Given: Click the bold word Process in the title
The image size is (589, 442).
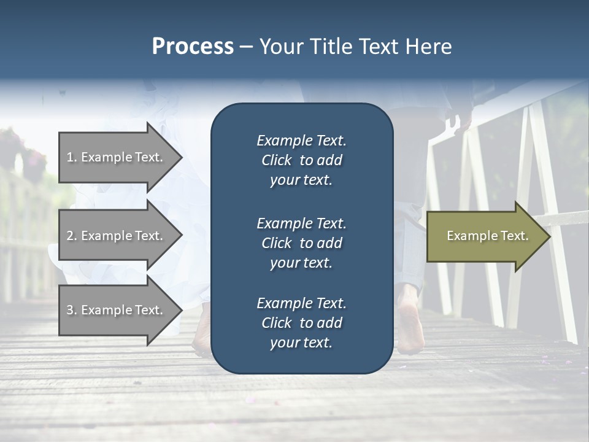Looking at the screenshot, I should [x=193, y=47].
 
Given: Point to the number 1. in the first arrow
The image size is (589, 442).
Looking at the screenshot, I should [x=71, y=157].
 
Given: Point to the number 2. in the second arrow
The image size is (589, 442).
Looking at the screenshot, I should [x=71, y=236].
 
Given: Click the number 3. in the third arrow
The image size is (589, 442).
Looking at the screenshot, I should [x=71, y=310].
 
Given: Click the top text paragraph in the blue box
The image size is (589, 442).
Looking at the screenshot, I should [x=301, y=160].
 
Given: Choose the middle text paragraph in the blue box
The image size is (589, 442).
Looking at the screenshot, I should [x=301, y=243].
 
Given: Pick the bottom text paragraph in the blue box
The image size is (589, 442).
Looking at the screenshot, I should [x=301, y=323].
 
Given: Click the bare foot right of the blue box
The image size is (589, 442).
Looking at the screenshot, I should [x=410, y=322].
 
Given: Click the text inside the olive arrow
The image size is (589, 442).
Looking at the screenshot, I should [x=487, y=236].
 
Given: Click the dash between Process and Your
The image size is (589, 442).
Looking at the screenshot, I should [x=246, y=47].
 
